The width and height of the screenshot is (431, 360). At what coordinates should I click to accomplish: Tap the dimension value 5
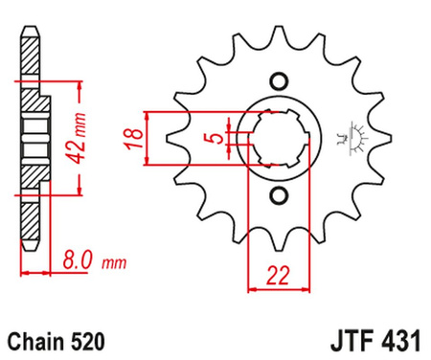click(x=217, y=138)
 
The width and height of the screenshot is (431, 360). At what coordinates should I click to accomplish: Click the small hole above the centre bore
click(x=279, y=80)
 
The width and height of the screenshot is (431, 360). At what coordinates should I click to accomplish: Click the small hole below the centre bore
click(x=279, y=195)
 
